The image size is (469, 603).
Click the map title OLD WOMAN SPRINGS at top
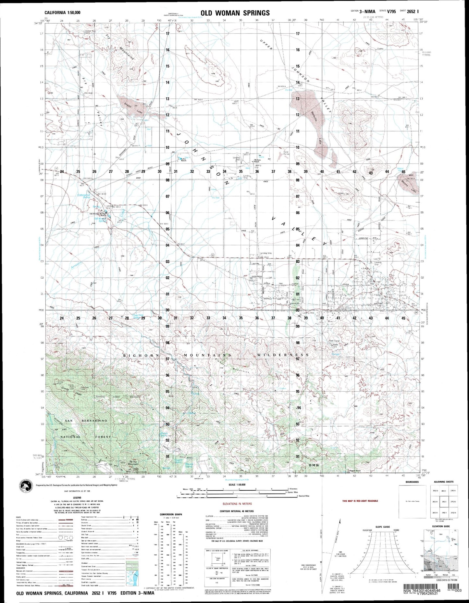pyautogui.click(x=235, y=13)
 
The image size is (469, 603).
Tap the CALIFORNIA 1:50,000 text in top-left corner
pyautogui.click(x=63, y=13)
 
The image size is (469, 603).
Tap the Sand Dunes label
pyautogui.click(x=286, y=153)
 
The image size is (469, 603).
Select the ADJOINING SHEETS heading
pyautogui.click(x=443, y=482)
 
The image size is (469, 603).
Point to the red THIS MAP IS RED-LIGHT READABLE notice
pyautogui.click(x=360, y=501)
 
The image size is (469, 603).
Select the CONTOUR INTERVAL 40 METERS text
pyautogui.click(x=237, y=510)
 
